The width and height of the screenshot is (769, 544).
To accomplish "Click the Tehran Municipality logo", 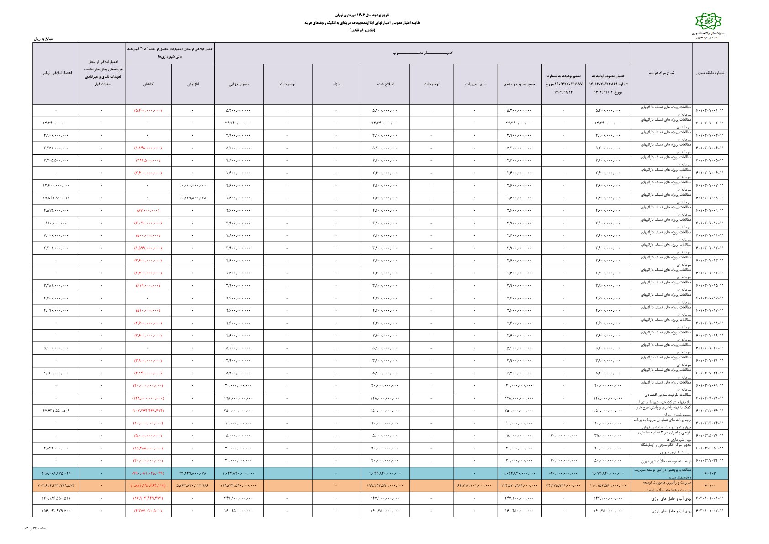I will click(x=707, y=21).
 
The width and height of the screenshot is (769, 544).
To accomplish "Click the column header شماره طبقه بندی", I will click(x=710, y=73).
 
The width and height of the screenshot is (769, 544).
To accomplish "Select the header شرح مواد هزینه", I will click(x=661, y=73).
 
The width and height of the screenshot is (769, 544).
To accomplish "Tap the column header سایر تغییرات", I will click(x=476, y=84).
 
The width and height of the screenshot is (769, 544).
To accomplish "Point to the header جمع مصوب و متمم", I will click(x=519, y=84).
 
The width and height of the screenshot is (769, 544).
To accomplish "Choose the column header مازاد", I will click(x=336, y=84).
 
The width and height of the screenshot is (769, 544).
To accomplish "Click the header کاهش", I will click(x=148, y=84).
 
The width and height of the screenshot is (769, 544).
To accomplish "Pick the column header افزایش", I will click(x=193, y=84).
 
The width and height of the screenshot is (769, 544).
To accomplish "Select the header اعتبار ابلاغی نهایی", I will click(x=56, y=73).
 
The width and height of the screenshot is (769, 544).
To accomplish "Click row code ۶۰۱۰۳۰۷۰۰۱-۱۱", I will click(x=710, y=110).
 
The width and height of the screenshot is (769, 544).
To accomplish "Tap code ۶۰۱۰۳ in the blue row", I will click(x=710, y=473).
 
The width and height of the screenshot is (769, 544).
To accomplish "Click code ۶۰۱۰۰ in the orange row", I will click(x=710, y=485).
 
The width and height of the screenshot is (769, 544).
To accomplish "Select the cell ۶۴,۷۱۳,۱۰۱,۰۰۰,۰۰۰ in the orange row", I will click(x=475, y=485).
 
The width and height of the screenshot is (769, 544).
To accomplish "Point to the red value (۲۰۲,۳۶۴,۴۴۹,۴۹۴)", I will click(x=148, y=411).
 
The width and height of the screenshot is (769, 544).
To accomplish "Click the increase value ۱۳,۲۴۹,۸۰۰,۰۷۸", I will click(x=193, y=198).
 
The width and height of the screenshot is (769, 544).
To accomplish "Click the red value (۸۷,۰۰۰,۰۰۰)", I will click(x=148, y=210).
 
